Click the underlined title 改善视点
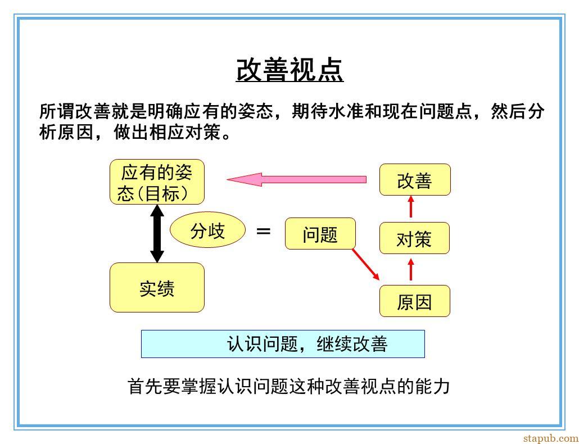[x=290, y=70]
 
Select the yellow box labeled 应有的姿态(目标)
[x=157, y=182]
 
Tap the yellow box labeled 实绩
[x=157, y=288]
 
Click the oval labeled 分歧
[x=207, y=229]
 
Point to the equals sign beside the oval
[x=263, y=232]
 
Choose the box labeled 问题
[x=320, y=234]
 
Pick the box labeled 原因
[x=415, y=301]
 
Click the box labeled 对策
[x=414, y=238]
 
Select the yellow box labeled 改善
[x=415, y=180]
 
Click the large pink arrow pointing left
[x=296, y=179]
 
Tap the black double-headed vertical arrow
[x=157, y=234]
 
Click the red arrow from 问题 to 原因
[x=365, y=264]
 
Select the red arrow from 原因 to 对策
[x=410, y=269]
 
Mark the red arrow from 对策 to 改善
[x=410, y=206]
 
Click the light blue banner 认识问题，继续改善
[x=283, y=344]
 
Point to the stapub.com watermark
[x=550, y=438]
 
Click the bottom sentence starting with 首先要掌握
[x=288, y=387]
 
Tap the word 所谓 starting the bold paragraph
[x=57, y=111]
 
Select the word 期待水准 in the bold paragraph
[x=328, y=111]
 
